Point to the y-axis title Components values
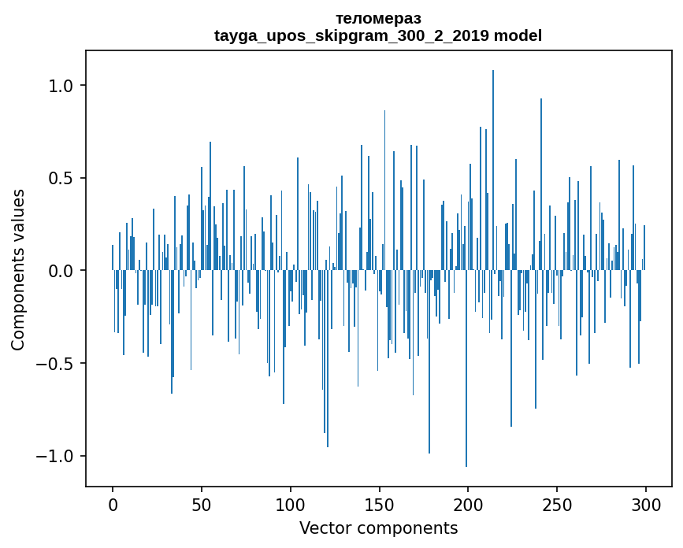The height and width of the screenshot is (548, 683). pos(18,270)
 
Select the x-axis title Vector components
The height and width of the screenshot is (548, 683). pos(378,528)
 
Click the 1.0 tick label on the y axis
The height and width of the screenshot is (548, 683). pos(61,85)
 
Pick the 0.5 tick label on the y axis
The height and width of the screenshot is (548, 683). pos(61,178)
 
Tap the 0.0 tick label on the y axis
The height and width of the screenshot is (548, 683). pos(61,271)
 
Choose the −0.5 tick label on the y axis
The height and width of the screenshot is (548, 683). pos(55,364)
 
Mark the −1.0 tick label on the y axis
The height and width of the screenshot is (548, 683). pos(55,457)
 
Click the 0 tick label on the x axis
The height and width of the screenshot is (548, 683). pos(113,504)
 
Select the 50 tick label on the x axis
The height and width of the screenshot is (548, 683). pos(202,504)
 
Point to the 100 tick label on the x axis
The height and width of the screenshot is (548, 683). pos(291,504)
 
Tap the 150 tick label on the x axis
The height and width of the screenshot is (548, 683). pos(379,504)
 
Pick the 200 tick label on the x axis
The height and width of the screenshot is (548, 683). pos(468,504)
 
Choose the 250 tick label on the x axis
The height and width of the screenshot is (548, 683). pos(557,504)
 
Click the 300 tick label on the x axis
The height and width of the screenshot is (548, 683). pos(646,504)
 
